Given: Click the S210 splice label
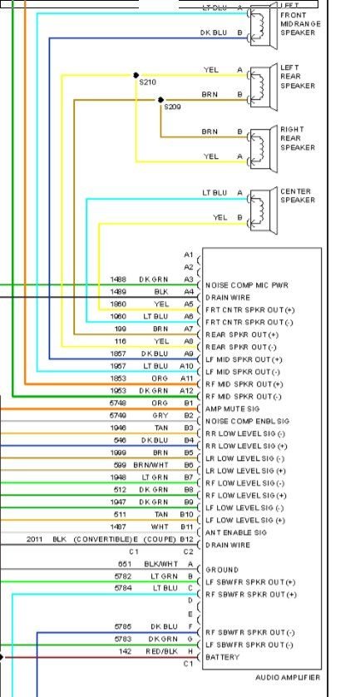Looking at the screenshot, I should coord(148,83).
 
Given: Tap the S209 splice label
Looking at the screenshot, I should coord(172,107).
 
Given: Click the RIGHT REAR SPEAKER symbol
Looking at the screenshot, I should coord(263,144).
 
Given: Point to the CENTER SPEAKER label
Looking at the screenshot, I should coord(298,195).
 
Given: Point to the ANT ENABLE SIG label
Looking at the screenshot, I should coord(237,532).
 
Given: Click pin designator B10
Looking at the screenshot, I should coord(187,515).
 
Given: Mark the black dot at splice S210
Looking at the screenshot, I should coord(137,75).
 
